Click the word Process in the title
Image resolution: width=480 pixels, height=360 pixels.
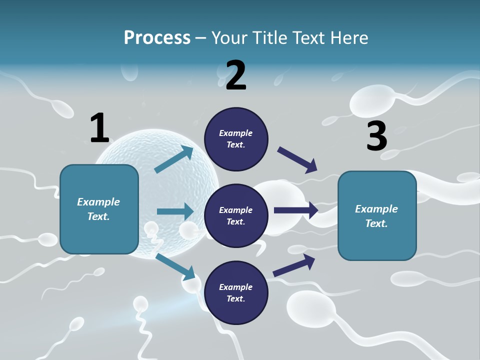157,38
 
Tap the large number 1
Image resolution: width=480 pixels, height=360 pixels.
99,128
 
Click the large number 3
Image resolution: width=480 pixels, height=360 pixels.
376,136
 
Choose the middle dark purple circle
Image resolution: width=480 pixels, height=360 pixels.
236,216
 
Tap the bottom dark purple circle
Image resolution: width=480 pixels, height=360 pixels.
236,293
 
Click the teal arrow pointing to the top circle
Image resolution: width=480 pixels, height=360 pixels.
174,159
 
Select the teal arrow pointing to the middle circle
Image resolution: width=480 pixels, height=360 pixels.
175,211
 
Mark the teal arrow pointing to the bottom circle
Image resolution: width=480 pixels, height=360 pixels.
175,266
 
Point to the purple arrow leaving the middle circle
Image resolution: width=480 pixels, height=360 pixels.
296,210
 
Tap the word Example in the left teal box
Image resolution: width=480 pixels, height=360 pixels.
98,202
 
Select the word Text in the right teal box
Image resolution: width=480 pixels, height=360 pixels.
375,223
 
